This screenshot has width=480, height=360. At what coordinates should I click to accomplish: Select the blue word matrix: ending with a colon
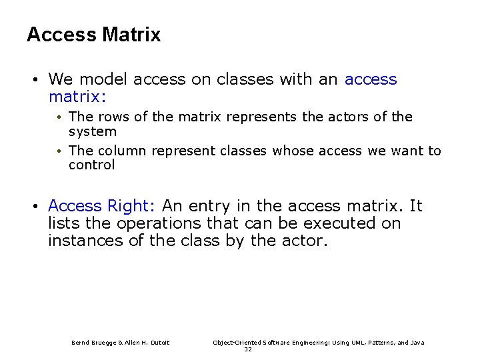[x=77, y=97]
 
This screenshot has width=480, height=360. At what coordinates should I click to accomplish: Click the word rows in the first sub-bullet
[x=113, y=117]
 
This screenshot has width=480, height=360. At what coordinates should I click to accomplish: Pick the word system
[x=92, y=132]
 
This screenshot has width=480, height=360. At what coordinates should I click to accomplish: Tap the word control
[x=91, y=165]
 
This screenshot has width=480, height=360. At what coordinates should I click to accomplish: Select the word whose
[x=293, y=151]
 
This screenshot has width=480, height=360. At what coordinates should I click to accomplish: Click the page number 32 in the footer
[x=248, y=349]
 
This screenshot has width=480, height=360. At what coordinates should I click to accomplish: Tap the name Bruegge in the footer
[x=102, y=343]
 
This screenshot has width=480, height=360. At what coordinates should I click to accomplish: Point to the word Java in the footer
[x=417, y=343]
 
